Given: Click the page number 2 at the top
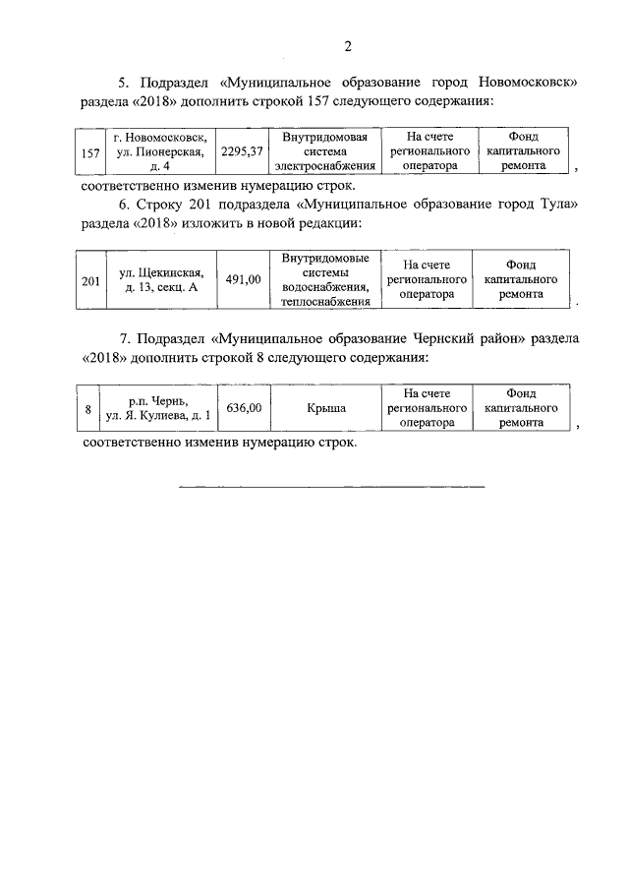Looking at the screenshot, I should pos(348,45).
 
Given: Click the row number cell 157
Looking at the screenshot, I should pos(91,152).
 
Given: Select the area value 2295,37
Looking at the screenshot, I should pos(242,152).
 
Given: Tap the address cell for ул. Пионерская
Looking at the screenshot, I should pos(160,152).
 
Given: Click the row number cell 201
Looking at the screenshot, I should pos(91,280).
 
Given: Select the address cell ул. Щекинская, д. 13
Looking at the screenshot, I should pos(160,280).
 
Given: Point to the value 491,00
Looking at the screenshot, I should pos(243,280).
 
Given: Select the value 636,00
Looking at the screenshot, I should pos(243,407).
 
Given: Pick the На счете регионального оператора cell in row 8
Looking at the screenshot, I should pos(427,407).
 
